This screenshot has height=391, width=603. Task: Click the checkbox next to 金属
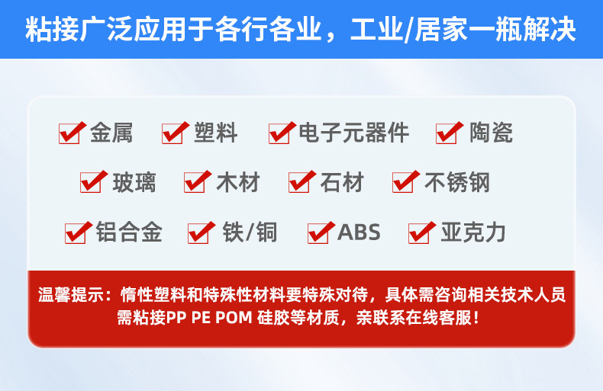tap(69, 134)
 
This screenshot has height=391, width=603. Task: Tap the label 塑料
tap(216, 133)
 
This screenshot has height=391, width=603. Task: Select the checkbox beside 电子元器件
tap(279, 134)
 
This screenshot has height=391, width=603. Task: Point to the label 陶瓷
tap(491, 133)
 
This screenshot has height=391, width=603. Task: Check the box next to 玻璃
tap(91, 182)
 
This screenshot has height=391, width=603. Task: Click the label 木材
tap(238, 182)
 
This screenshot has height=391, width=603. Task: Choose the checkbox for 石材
tap(299, 182)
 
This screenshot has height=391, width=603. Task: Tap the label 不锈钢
tap(457, 182)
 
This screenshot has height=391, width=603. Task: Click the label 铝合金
tap(129, 232)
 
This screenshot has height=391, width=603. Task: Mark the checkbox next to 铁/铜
tap(198, 233)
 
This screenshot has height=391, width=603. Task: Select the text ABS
tap(359, 232)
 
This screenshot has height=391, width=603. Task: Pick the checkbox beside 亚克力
tap(419, 233)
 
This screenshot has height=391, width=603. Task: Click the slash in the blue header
tap(409, 30)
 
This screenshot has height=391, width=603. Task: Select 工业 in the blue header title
tap(377, 29)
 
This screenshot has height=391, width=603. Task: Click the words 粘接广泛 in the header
tap(79, 29)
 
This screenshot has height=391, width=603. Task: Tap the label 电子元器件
tap(354, 133)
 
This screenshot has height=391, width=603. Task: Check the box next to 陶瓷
tap(447, 134)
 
